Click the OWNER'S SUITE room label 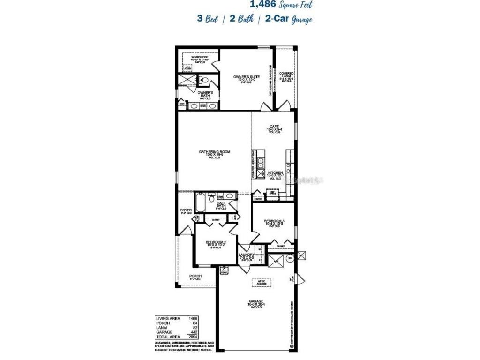point(247,76)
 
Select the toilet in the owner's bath point(202,81)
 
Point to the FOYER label point(186,210)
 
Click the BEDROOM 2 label point(215,242)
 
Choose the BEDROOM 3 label point(274,221)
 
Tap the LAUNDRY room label point(247,255)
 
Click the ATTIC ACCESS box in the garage point(262,282)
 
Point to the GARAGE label point(256,301)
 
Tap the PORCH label point(195,276)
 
